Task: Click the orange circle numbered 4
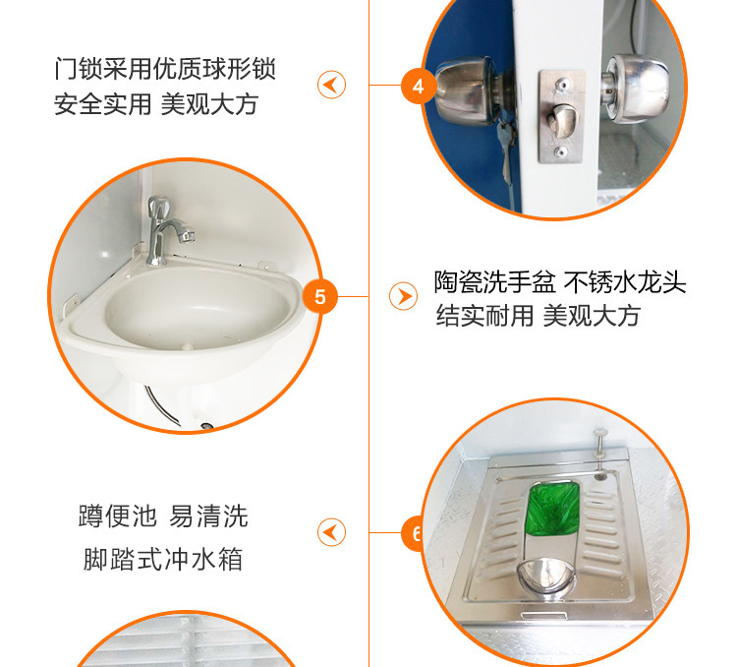click(418, 87)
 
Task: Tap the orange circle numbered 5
click(320, 297)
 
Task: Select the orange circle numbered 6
click(413, 534)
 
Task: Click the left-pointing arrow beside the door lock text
click(331, 85)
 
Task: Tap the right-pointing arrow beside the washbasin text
click(403, 296)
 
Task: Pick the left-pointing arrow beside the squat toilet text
click(331, 532)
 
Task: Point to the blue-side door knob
click(466, 91)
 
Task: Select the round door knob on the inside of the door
click(636, 89)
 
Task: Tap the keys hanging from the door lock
click(505, 151)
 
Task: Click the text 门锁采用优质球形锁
click(164, 69)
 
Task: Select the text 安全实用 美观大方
click(156, 104)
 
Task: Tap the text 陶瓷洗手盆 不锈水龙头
click(560, 282)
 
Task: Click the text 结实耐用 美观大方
click(538, 316)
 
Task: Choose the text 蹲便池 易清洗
click(163, 515)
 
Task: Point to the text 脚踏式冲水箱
click(163, 559)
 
